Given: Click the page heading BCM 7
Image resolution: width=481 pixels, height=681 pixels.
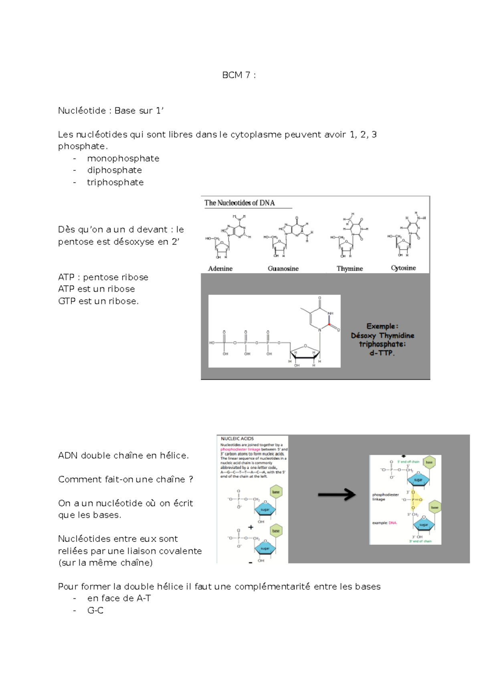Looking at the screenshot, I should pyautogui.click(x=239, y=75).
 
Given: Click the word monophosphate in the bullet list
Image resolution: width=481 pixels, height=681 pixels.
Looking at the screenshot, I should pyautogui.click(x=123, y=158).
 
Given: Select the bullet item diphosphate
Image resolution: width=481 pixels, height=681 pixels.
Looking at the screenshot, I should pyautogui.click(x=114, y=170).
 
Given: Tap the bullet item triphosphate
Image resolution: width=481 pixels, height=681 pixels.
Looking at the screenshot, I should pyautogui.click(x=115, y=182).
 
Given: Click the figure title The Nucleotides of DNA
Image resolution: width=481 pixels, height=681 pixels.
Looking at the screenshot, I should pyautogui.click(x=240, y=203).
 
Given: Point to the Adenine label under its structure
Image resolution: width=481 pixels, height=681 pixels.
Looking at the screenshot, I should pyautogui.click(x=220, y=269).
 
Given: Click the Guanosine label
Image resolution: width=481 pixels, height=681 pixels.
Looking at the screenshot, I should pyautogui.click(x=283, y=269).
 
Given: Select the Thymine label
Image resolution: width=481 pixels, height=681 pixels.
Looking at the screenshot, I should pyautogui.click(x=350, y=269).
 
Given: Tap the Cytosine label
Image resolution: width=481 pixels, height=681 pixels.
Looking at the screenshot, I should pyautogui.click(x=403, y=268).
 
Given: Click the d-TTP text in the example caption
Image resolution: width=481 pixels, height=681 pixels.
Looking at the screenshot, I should pyautogui.click(x=382, y=353).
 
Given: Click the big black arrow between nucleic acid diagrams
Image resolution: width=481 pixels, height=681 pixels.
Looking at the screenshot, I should pyautogui.click(x=336, y=495).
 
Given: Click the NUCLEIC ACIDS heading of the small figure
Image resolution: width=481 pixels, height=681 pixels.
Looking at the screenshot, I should pyautogui.click(x=237, y=439).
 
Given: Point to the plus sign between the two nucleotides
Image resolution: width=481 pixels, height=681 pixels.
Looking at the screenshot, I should pyautogui.click(x=251, y=527).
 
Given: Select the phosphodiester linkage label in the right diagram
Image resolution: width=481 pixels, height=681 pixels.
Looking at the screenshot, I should pyautogui.click(x=385, y=497).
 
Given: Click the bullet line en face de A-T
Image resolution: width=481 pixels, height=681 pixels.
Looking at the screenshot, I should pyautogui.click(x=119, y=598).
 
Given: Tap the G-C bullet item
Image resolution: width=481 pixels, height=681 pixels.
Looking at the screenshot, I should pyautogui.click(x=95, y=610).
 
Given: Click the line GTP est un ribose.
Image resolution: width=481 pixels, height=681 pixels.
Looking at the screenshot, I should pyautogui.click(x=98, y=301).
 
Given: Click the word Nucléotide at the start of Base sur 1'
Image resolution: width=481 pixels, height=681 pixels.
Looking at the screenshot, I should pyautogui.click(x=82, y=111).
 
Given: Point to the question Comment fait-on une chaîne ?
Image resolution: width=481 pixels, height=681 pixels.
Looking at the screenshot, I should pyautogui.click(x=125, y=480).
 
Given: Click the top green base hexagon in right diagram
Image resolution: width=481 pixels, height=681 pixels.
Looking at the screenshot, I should pyautogui.click(x=429, y=462).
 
